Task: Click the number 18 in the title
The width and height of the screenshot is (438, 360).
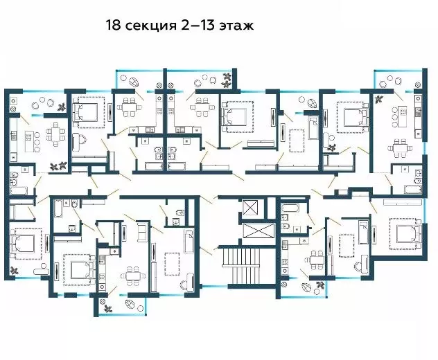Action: [x=113, y=26]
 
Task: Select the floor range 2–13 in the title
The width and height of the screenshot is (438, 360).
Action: [x=197, y=26]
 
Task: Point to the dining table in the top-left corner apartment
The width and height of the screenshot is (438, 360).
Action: [x=53, y=133]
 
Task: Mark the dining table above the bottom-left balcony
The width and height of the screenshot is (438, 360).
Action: [x=130, y=276]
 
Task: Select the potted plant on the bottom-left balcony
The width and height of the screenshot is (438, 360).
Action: [x=107, y=305]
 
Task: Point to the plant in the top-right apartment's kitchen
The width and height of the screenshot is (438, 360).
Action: [x=379, y=99]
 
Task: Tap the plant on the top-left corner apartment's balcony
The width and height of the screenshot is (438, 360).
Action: [x=62, y=106]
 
